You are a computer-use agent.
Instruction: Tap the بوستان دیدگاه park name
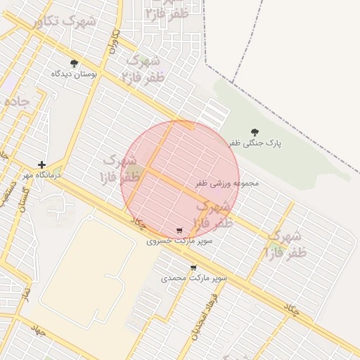(x=75, y=72)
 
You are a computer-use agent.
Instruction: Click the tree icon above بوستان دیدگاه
(x=75, y=63)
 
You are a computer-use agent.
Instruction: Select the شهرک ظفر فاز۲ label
(x=143, y=70)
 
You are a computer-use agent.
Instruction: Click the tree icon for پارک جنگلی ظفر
(x=254, y=132)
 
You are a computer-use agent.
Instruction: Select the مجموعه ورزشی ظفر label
(x=227, y=183)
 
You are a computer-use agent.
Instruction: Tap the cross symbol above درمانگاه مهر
(x=42, y=165)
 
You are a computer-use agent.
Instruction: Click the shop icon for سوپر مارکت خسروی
(x=180, y=231)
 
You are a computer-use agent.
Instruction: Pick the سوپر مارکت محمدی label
(x=194, y=278)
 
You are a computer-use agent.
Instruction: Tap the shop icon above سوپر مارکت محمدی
(x=194, y=268)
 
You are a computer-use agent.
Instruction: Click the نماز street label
(x=25, y=290)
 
